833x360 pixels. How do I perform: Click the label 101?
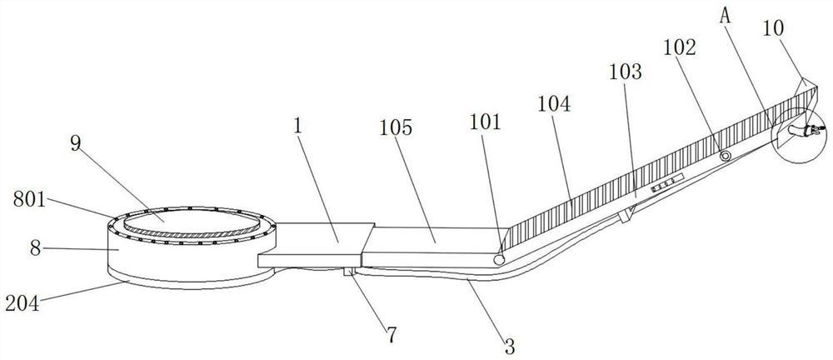click(486, 123)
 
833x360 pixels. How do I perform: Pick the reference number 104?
click(555, 105)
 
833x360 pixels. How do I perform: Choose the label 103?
click(626, 72)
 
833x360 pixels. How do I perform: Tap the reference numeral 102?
click(681, 48)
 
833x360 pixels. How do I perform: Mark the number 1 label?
click(297, 127)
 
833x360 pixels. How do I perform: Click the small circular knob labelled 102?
click(725, 156)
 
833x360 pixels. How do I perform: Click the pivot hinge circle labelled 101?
click(499, 260)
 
